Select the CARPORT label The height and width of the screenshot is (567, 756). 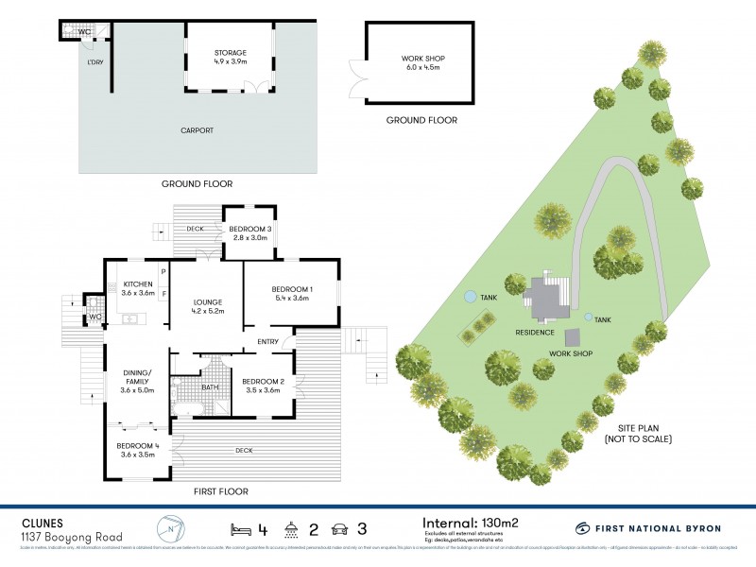(198, 130)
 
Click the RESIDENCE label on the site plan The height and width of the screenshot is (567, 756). (535, 332)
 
